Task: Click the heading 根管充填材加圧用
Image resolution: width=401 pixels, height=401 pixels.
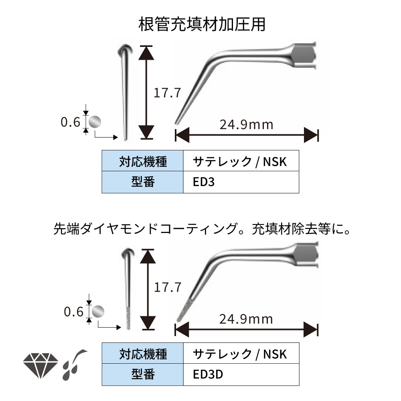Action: [202, 25]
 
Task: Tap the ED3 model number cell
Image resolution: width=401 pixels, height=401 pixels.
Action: [241, 182]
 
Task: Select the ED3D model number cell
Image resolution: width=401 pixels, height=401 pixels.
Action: [241, 375]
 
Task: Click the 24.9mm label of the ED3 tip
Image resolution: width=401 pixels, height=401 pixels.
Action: [246, 124]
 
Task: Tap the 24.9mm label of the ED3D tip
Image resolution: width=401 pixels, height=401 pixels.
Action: [246, 319]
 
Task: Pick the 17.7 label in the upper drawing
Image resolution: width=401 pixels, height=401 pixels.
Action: [168, 93]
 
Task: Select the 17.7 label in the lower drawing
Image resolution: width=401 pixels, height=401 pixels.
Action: [168, 287]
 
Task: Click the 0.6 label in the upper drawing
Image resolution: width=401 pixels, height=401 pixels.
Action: [71, 122]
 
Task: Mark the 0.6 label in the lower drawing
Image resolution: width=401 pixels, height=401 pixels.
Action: [74, 311]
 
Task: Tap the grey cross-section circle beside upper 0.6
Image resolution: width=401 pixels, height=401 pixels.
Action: [95, 122]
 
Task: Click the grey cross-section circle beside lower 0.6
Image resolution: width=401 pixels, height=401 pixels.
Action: [98, 311]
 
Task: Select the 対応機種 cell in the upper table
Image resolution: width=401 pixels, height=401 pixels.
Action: [142, 162]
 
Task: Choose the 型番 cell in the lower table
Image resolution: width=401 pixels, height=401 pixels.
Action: [142, 375]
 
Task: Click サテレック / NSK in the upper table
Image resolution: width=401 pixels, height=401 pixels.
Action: [241, 162]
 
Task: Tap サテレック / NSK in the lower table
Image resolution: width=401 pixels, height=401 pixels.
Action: [241, 354]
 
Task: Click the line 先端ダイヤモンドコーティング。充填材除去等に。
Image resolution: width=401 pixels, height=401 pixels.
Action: [202, 229]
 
